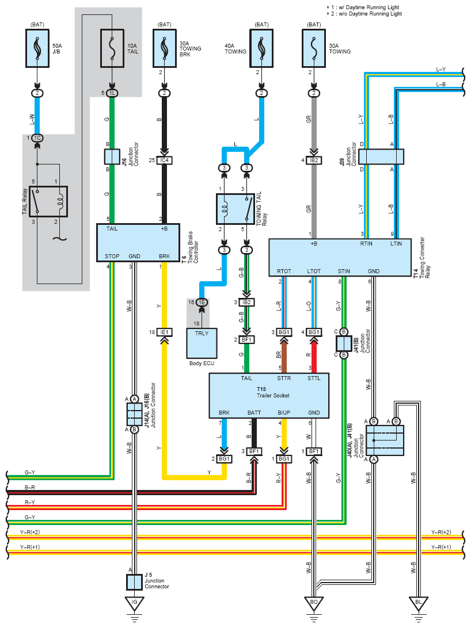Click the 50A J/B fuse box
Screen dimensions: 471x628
pyautogui.click(x=37, y=48)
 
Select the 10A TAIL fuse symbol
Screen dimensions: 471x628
pyautogui.click(x=112, y=48)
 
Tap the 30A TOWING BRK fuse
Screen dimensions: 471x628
pyautogui.click(x=164, y=48)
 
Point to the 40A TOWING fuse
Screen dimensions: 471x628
pyautogui.click(x=261, y=48)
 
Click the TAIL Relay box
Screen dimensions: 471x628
pyautogui.click(x=48, y=201)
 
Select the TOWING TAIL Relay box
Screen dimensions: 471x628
pyautogui.click(x=235, y=209)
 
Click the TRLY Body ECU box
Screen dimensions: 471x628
pyautogui.click(x=202, y=343)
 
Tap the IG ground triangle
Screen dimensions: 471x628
pyautogui.click(x=134, y=603)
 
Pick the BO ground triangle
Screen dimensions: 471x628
pyautogui.click(x=313, y=603)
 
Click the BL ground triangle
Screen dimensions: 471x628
pyautogui.click(x=419, y=603)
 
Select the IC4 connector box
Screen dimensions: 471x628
pyautogui.click(x=164, y=160)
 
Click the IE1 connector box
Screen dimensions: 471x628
pyautogui.click(x=164, y=332)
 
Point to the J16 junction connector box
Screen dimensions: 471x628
pyautogui.click(x=112, y=156)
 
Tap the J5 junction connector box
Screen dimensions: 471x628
pyautogui.click(x=134, y=582)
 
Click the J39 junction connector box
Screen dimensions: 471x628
pyautogui.click(x=381, y=156)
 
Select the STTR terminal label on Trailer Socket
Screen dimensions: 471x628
pyautogui.click(x=284, y=378)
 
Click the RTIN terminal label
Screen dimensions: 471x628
pyautogui.click(x=366, y=243)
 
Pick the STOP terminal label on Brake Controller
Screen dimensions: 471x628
pyautogui.click(x=112, y=256)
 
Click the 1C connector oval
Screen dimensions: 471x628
pyautogui.click(x=37, y=138)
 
